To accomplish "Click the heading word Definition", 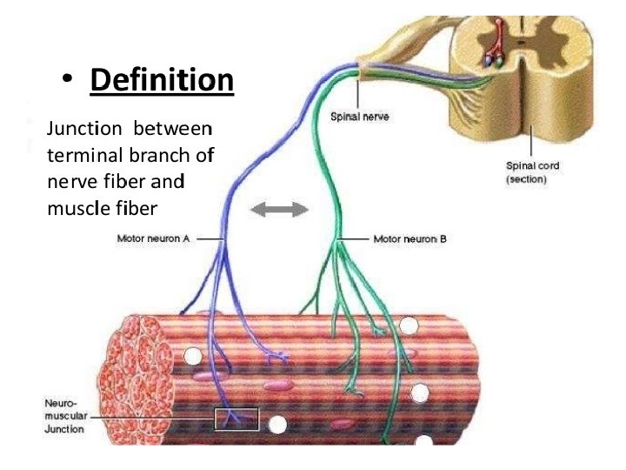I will pyautogui.click(x=162, y=81).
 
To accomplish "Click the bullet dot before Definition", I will pyautogui.click(x=66, y=82).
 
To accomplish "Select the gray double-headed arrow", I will pyautogui.click(x=280, y=209).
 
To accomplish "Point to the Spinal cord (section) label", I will pyautogui.click(x=532, y=171).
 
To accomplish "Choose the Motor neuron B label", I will pyautogui.click(x=410, y=238).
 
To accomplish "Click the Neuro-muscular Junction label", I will pyautogui.click(x=65, y=416).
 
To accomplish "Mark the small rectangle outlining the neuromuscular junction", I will pyautogui.click(x=236, y=420).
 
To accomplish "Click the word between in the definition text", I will pyautogui.click(x=173, y=129).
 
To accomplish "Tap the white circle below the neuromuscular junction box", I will pyautogui.click(x=277, y=426).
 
